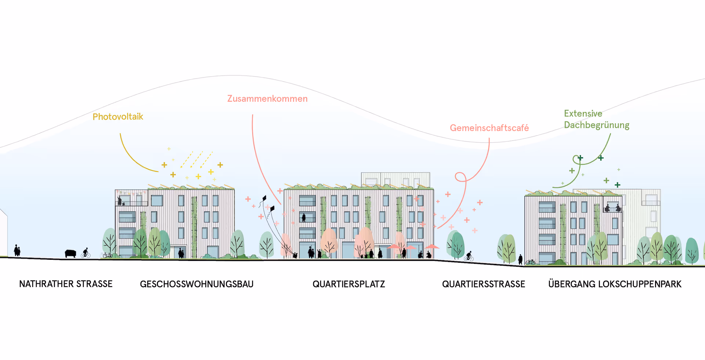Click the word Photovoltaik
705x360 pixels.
[x=117, y=117]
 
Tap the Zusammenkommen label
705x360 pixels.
[x=267, y=99]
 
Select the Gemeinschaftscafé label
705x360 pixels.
[x=489, y=128]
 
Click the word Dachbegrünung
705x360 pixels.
[x=596, y=125]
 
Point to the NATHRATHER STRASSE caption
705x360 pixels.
[x=66, y=284]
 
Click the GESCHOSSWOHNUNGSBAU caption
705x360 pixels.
[x=196, y=284]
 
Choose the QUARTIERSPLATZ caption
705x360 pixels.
[x=348, y=284]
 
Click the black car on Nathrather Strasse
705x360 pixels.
[x=70, y=253]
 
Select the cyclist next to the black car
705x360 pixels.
[x=86, y=253]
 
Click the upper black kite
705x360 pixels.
[x=264, y=199]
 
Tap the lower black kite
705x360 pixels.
[x=272, y=209]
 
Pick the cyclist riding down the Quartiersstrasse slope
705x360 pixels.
[x=469, y=256]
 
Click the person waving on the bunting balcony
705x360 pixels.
[x=119, y=200]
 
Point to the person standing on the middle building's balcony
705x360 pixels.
[x=304, y=217]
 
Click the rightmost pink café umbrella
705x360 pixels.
[x=432, y=247]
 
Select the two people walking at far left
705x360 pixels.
[x=17, y=251]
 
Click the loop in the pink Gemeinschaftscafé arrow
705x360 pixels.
[x=460, y=177]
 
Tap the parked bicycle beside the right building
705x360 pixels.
[x=530, y=262]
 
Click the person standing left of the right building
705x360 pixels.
[x=520, y=259]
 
